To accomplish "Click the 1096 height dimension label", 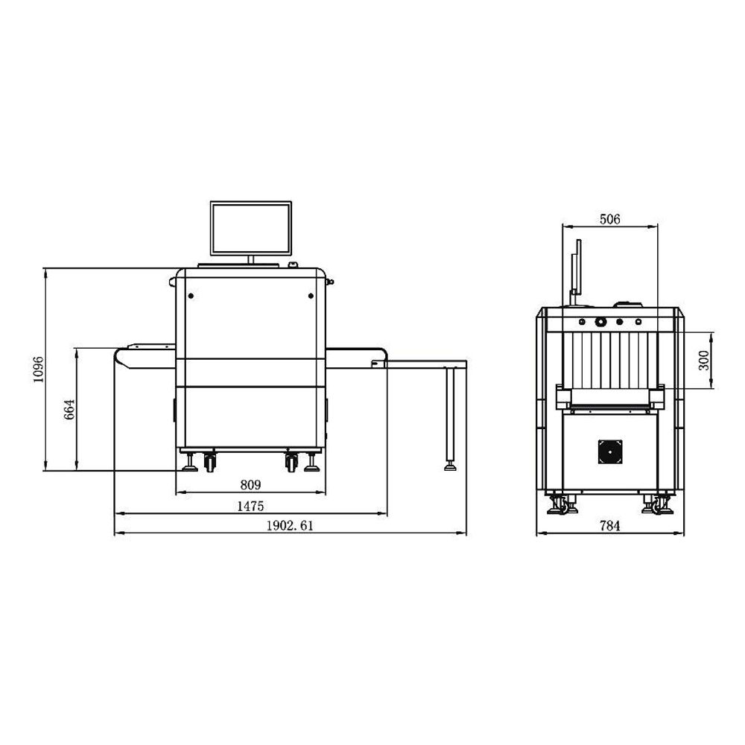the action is coord(39,370).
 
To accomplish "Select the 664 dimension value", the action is coord(69,410).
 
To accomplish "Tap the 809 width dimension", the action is coord(250,485).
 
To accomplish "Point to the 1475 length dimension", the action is coord(250,507).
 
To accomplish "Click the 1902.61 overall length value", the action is coord(290,526).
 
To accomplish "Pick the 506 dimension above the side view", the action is coord(610,219).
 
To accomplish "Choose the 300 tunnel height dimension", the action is coord(704,360).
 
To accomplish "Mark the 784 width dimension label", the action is coord(610,526).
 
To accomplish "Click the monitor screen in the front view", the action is coord(251,228).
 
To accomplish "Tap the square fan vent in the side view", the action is coord(610,451).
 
